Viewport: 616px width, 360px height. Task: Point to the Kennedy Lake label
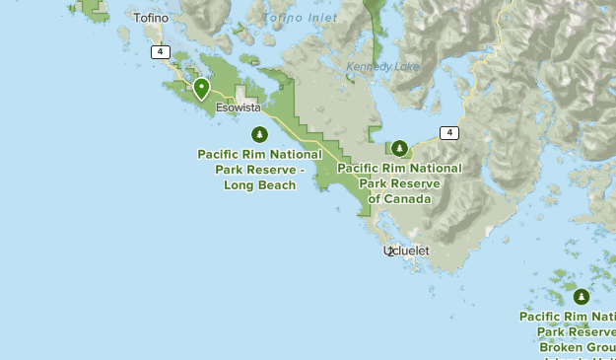point(382,67)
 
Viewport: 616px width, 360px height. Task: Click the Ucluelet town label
point(406,252)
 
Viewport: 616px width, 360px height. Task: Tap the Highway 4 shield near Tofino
point(160,52)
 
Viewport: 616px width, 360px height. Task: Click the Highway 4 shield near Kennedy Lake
point(449,132)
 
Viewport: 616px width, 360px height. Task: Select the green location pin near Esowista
point(201,89)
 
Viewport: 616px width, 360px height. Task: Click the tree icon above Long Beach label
point(259,134)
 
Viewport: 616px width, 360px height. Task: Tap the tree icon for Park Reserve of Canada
point(399,149)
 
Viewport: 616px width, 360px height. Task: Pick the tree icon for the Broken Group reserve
point(582,296)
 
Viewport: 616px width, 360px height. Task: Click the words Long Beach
point(259,184)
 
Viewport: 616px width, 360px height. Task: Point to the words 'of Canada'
point(399,198)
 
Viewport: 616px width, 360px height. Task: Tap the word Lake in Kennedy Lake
point(404,67)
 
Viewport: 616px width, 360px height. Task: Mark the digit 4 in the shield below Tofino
point(160,52)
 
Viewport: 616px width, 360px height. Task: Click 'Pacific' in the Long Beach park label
point(220,155)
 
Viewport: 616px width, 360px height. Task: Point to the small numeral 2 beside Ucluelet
point(391,252)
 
